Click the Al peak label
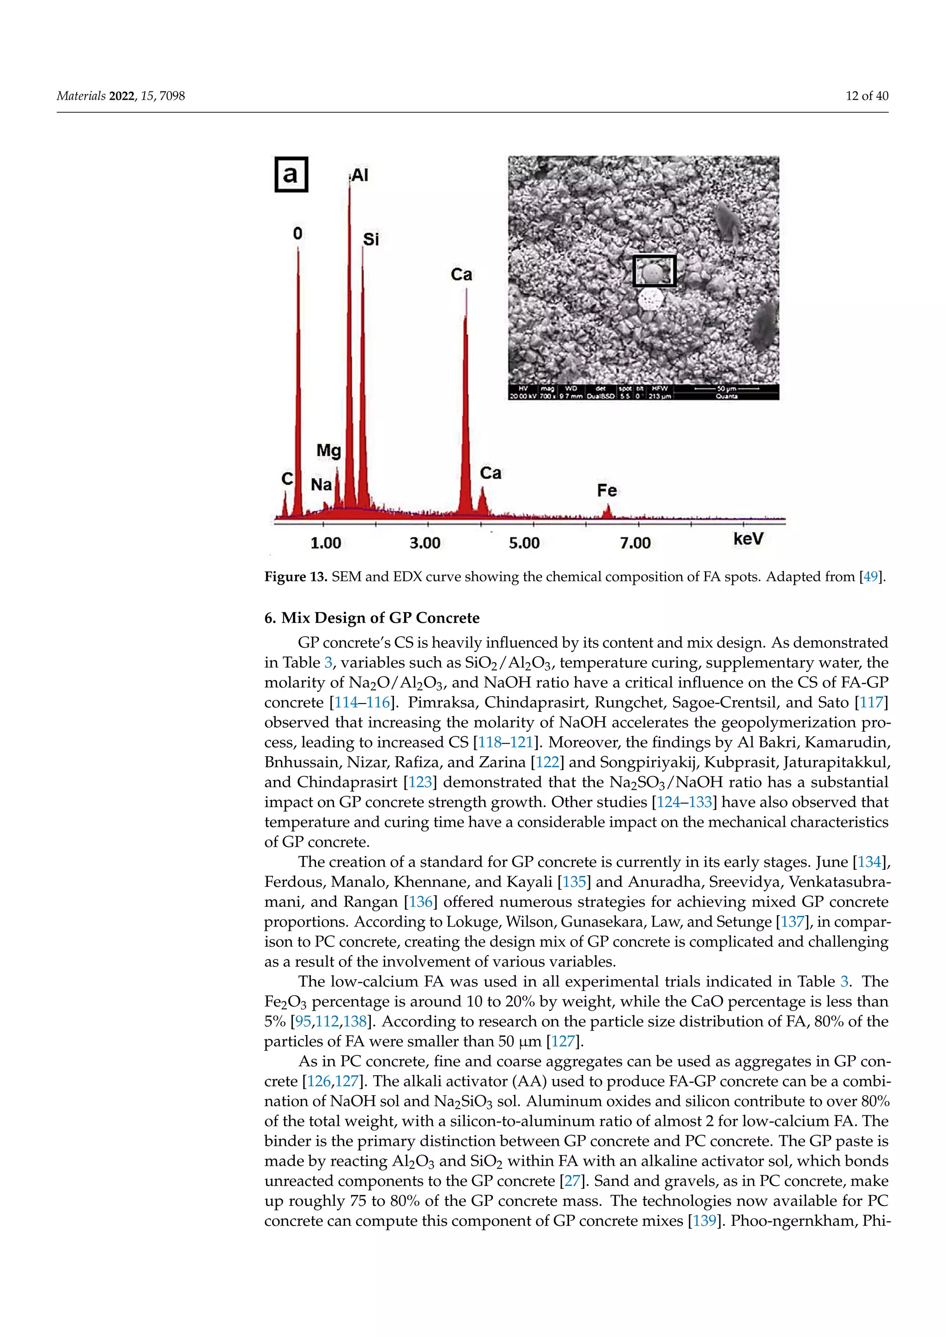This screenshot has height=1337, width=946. point(360,175)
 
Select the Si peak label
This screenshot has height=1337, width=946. point(371,239)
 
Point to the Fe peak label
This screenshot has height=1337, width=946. point(606,491)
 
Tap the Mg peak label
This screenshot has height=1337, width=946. point(328,451)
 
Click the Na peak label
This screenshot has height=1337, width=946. point(321,484)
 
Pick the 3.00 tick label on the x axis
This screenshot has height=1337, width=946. point(424,543)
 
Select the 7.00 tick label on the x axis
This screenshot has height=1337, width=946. point(635,543)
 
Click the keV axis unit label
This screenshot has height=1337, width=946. point(748,539)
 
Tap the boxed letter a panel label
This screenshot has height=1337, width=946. point(291,175)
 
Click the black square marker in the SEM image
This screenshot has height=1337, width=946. point(654,271)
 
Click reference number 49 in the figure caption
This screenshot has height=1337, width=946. point(870,577)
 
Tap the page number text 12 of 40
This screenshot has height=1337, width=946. point(867,96)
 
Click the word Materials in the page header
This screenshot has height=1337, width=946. point(81,96)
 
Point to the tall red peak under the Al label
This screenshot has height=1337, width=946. point(350,349)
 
